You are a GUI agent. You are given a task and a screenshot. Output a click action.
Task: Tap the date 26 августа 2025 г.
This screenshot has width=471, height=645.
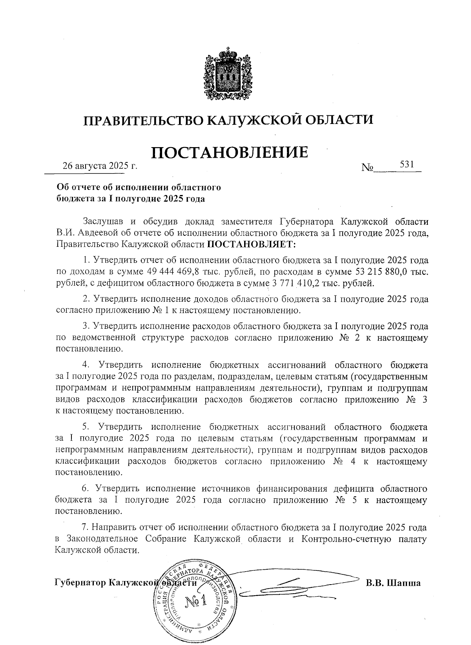click(x=100, y=166)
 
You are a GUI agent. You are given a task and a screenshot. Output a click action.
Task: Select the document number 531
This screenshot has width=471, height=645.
click(x=407, y=164)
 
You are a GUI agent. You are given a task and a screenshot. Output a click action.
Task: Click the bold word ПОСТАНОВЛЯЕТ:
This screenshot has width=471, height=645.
click(x=252, y=244)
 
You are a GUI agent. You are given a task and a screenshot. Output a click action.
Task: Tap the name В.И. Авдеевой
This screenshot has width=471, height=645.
click(x=90, y=233)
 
